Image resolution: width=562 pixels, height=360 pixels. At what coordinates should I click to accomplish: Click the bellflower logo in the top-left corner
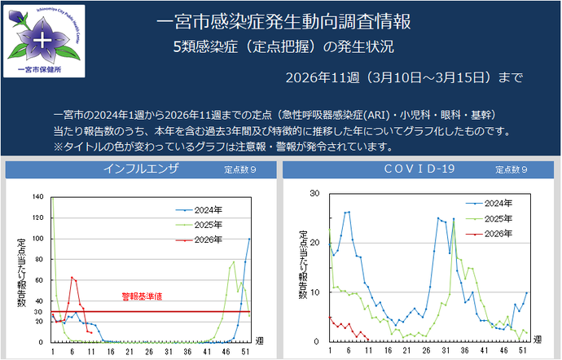[x=39, y=37]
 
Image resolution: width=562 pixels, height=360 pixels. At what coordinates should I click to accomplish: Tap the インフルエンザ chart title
[x=141, y=169]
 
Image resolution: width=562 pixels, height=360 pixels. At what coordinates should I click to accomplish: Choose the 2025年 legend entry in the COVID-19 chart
[x=498, y=218]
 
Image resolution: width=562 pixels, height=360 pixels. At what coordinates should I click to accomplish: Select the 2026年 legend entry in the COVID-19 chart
[x=498, y=233]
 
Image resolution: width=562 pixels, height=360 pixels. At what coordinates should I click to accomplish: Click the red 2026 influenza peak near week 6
[x=72, y=277]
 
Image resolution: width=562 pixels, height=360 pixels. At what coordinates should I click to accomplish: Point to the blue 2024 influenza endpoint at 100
[x=250, y=239]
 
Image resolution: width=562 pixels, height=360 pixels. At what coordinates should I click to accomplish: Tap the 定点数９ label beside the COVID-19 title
[x=512, y=170]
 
